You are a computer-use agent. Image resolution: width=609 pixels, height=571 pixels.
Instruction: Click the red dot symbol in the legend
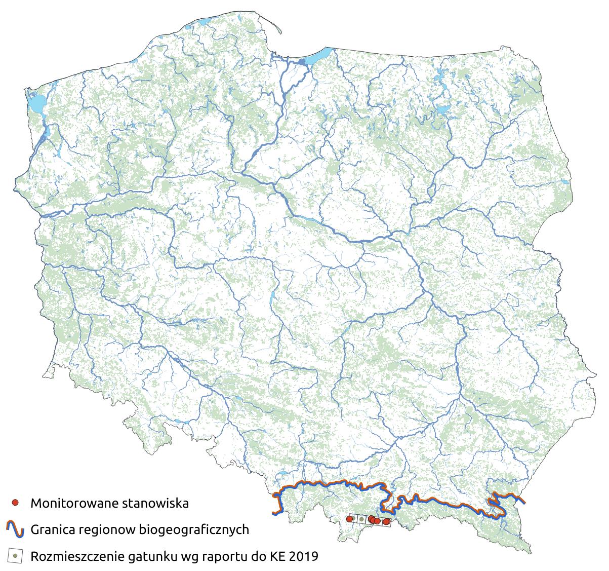pos(16,503)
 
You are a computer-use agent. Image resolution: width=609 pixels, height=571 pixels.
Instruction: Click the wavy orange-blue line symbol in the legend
pos(16,529)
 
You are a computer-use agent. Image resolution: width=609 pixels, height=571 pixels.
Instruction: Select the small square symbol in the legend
pos(16,556)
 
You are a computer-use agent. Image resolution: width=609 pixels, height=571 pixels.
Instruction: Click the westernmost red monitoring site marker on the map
pos(349,519)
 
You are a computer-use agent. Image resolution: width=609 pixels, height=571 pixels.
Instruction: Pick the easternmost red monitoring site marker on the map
pos(387,521)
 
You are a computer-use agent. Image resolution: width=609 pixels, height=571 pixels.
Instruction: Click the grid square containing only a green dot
pos(360,519)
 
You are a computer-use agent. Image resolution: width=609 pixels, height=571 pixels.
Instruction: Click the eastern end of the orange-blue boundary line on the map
pos(523,502)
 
